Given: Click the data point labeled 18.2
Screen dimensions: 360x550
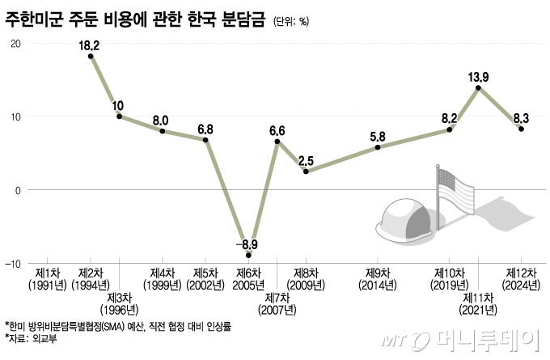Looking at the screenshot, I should (x=91, y=57).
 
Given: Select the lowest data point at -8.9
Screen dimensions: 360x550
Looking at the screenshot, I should (x=248, y=255).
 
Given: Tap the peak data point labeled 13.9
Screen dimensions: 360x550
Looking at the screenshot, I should (x=479, y=87).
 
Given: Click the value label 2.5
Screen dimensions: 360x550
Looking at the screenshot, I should (x=306, y=159).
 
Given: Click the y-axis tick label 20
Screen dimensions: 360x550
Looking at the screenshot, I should (x=15, y=43).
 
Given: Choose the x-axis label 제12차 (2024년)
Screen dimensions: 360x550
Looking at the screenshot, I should (x=521, y=279).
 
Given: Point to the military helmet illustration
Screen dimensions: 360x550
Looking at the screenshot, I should (x=404, y=214).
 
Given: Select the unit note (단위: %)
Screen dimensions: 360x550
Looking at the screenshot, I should (x=291, y=22).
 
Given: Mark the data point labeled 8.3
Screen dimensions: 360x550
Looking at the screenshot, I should (x=522, y=129).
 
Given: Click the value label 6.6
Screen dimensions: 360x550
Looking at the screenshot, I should (x=277, y=129).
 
